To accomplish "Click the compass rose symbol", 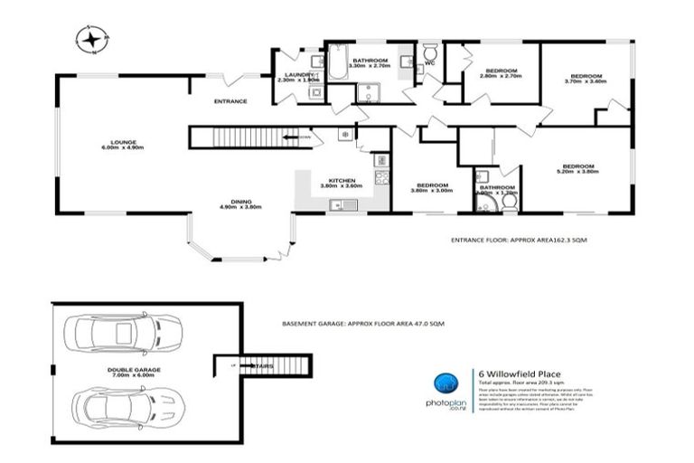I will click(91, 38).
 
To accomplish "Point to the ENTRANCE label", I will click(230, 100).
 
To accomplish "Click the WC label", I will click(430, 63).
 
